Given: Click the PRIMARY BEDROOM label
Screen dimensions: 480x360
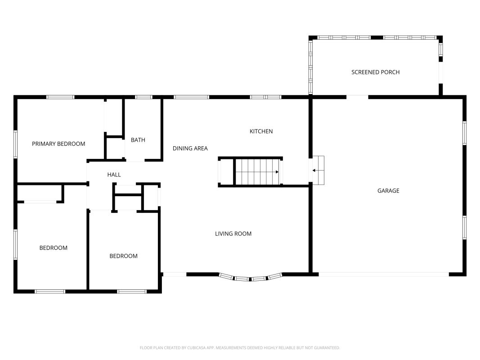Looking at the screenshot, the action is click(x=58, y=144).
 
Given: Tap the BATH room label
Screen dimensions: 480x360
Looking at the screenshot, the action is click(x=138, y=140).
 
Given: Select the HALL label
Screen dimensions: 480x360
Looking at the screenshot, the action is click(x=114, y=175).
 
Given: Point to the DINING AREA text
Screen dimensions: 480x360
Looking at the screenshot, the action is click(x=190, y=148).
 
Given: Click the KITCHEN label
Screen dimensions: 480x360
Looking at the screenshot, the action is click(x=261, y=131).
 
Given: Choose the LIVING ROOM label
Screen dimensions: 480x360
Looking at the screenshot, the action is click(x=233, y=234).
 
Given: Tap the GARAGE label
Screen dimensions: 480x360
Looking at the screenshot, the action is click(x=388, y=191).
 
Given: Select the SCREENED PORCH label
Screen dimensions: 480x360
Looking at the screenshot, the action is click(x=375, y=72).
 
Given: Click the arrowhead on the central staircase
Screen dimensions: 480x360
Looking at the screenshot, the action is click(x=277, y=172).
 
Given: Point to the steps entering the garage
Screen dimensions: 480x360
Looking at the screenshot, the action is click(x=318, y=170).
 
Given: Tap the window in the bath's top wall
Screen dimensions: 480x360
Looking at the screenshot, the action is click(x=144, y=97).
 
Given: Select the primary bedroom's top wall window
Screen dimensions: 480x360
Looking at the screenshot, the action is click(x=60, y=97).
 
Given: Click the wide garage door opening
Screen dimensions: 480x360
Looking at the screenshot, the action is click(x=384, y=274).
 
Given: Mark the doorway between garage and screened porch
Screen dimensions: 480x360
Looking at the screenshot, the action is click(x=357, y=97).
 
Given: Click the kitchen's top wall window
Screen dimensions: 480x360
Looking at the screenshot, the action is click(x=265, y=97).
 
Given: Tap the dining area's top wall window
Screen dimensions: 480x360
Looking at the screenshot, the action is click(x=191, y=97).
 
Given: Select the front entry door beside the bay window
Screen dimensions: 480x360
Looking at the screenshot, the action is click(x=174, y=274).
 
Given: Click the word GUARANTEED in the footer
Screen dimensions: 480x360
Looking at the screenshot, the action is click(x=328, y=348).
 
